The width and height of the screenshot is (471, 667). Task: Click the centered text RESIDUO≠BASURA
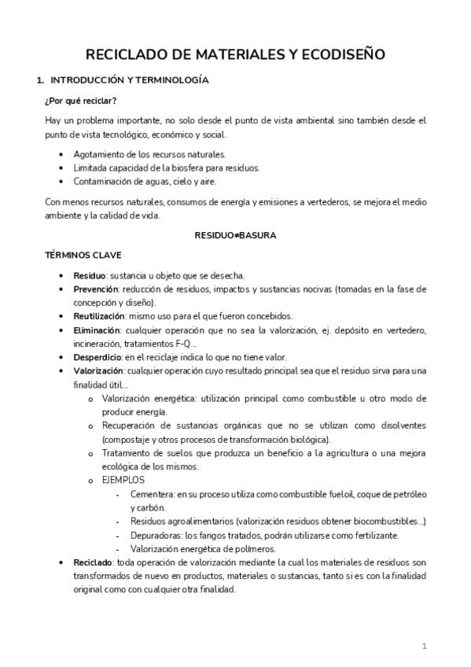coord(236,235)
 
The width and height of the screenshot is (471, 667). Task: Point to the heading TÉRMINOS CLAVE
coord(83,256)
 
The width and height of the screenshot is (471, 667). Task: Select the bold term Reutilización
coord(98,316)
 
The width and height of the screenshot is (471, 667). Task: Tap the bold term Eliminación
coord(97,330)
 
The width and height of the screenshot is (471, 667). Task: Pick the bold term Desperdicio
coord(97,357)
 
